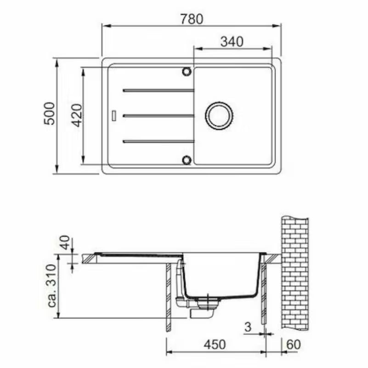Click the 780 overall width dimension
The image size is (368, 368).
pyautogui.click(x=191, y=19)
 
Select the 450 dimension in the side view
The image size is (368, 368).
pyautogui.click(x=215, y=344)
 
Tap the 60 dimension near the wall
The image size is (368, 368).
pyautogui.click(x=294, y=344)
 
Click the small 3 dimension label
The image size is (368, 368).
pyautogui.click(x=248, y=327)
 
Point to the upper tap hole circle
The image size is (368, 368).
pyautogui.click(x=187, y=72)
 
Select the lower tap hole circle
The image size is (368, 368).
pyautogui.click(x=187, y=160)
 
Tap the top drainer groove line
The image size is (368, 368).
pyautogui.click(x=159, y=91)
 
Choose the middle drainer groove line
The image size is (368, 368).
pyautogui.click(x=159, y=115)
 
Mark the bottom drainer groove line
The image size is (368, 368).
pyautogui.click(x=159, y=141)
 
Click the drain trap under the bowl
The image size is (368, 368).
pyautogui.click(x=202, y=308)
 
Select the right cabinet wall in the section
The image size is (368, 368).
pyautogui.click(x=264, y=294)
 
